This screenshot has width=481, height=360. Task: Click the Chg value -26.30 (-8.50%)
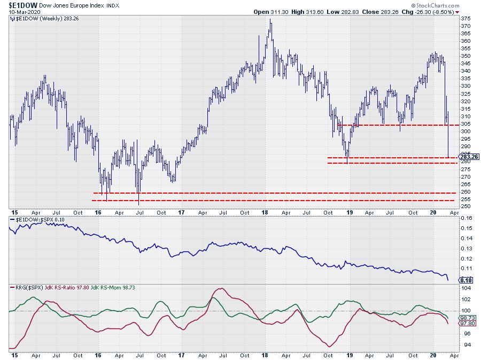pyautogui.click(x=433, y=12)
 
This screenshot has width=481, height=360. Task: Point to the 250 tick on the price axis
pyautogui.click(x=466, y=206)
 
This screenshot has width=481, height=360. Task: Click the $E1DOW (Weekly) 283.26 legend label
pyautogui.click(x=37, y=19)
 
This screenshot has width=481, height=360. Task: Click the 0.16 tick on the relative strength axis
pyautogui.click(x=467, y=218)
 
